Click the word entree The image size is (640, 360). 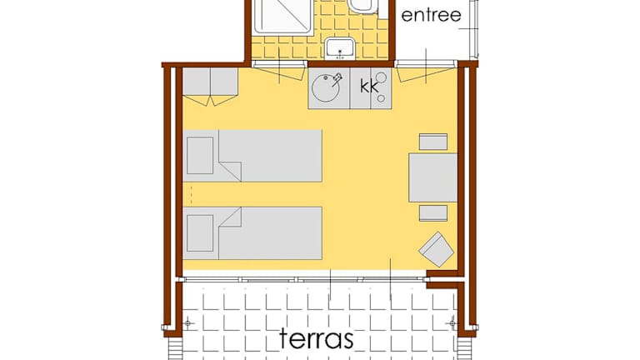coord(431,16)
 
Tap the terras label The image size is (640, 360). coord(317,339)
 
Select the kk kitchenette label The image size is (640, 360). coord(369,86)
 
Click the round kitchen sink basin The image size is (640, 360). coord(325,87)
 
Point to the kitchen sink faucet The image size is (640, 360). coord(337,79)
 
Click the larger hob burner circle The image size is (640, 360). coord(381,77)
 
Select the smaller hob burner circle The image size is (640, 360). coord(381,98)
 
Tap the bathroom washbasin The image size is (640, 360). coord(340,48)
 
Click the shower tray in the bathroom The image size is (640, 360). coord(283,17)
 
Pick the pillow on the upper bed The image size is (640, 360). coord(200,156)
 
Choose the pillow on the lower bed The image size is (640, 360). coord(200,233)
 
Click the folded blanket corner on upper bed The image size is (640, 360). coord(230,171)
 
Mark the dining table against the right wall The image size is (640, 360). coord(432,177)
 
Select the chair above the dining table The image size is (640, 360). coord(433,142)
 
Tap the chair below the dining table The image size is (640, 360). coord(433,213)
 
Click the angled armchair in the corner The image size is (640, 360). coord(437,249)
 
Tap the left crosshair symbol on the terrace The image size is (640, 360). coord(187,323)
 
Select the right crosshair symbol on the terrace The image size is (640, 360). coord(452,323)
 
